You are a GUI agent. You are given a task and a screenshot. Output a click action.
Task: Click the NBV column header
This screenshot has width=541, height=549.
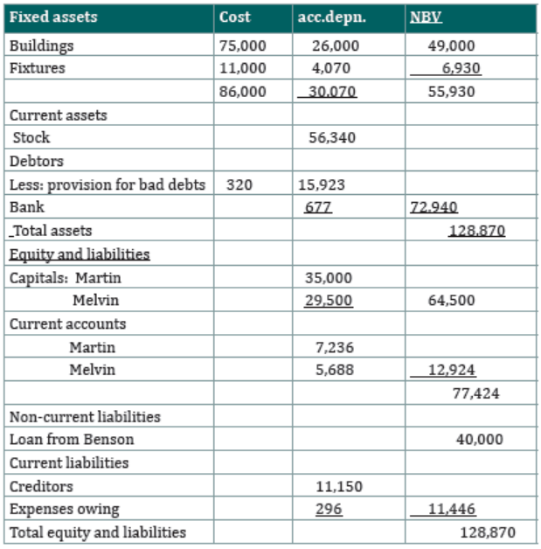426,17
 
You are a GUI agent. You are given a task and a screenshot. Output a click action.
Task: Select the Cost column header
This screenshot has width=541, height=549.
235,17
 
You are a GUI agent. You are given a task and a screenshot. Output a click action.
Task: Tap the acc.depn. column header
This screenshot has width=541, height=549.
332,17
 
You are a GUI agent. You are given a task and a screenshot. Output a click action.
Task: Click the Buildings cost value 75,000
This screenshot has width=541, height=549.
242,45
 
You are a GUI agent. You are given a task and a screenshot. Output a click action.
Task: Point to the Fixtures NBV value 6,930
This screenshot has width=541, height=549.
461,68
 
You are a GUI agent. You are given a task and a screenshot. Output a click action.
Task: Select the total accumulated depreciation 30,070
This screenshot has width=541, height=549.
332,92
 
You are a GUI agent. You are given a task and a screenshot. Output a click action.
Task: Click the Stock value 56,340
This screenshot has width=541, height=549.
332,137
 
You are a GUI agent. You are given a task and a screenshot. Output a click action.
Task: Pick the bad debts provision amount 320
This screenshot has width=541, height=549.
239,184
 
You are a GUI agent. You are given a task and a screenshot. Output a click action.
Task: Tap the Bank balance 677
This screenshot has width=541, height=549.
318,207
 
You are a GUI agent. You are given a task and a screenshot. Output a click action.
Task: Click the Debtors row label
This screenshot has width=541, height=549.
37,161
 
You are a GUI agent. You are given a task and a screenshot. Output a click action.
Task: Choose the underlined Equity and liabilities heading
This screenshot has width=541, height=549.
80,254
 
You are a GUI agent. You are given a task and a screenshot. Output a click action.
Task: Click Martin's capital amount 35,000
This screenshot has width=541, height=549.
329,278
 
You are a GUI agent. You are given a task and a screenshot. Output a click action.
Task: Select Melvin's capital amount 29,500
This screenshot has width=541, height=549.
329,301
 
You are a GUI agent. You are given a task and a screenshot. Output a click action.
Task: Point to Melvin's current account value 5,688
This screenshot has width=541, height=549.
335,370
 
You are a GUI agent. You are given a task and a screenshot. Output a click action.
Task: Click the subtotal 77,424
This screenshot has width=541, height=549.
476,393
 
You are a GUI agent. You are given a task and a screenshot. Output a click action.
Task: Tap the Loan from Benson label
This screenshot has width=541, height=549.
72,440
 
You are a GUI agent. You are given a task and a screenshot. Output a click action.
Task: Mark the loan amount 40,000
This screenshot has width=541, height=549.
480,440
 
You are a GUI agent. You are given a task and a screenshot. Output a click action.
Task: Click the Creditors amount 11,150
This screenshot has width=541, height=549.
339,487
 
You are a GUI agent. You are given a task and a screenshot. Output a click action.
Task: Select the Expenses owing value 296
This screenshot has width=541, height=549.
329,509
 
